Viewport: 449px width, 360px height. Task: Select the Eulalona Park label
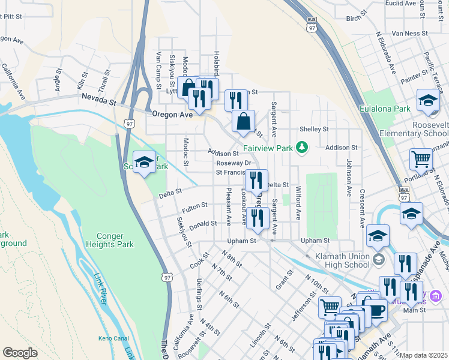tap(385, 109)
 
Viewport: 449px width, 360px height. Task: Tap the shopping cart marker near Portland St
tap(421, 160)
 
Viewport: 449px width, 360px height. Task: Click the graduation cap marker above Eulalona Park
tap(428, 101)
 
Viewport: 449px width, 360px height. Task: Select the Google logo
tap(20, 353)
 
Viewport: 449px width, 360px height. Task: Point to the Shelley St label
tap(318, 129)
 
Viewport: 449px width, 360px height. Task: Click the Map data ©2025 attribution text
tap(424, 355)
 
